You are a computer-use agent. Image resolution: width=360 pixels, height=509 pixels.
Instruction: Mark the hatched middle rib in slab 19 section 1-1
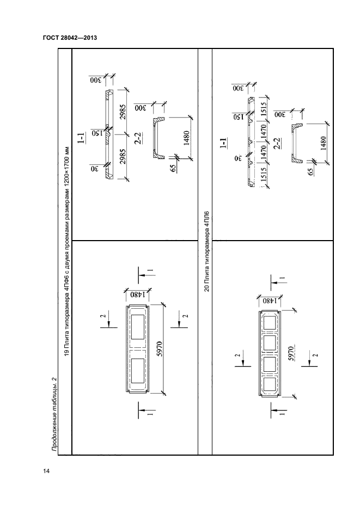(x=108, y=132)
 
